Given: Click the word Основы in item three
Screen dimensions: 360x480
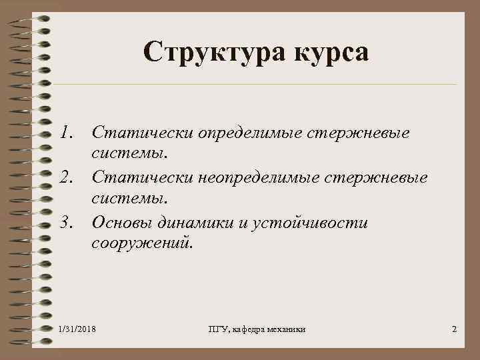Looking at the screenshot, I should (123, 221).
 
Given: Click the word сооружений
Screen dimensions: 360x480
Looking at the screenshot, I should (142, 243).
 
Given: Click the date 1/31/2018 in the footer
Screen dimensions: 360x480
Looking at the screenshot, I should (77, 331).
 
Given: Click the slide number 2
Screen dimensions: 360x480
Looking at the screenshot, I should (454, 331).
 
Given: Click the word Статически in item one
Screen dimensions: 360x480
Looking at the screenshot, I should (139, 133).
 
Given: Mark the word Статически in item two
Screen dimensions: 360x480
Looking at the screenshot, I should (139, 177).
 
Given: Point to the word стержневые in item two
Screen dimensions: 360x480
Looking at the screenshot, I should (379, 177).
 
